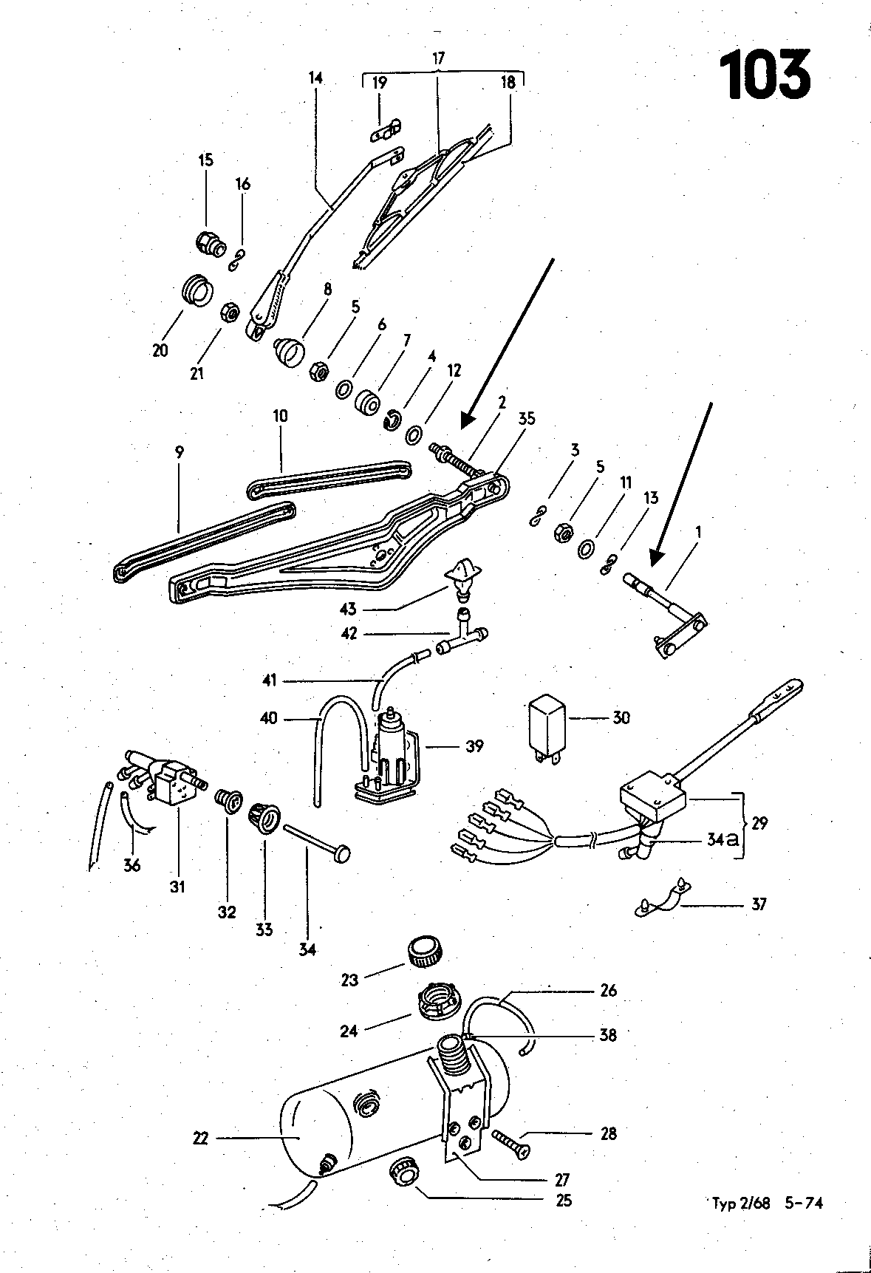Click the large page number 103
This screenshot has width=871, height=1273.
[765, 74]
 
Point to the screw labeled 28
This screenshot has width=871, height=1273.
[509, 1145]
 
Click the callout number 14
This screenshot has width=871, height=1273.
[316, 78]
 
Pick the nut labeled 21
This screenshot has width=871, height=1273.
[230, 313]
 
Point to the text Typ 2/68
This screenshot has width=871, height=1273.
[741, 1204]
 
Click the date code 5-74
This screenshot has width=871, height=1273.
[803, 1203]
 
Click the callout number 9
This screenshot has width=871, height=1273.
[180, 451]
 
